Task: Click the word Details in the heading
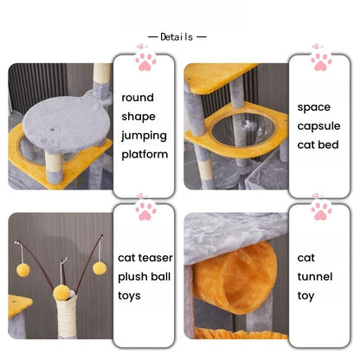pos(177,37)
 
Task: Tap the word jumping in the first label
pos(144,136)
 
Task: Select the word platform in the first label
pos(145,154)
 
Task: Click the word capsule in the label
pos(318,126)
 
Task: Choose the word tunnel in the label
pos(315,277)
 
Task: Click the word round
pos(138,98)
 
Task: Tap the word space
pos(314,107)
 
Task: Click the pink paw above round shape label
pos(145,61)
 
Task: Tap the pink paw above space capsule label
pos(321,61)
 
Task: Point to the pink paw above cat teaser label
pos(145,211)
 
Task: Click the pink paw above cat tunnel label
pos(321,211)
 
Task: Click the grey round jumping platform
pos(65,124)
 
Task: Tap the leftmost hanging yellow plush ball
pos(23,270)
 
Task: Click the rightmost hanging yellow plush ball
pos(100,268)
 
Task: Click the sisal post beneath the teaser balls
pos(67,316)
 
